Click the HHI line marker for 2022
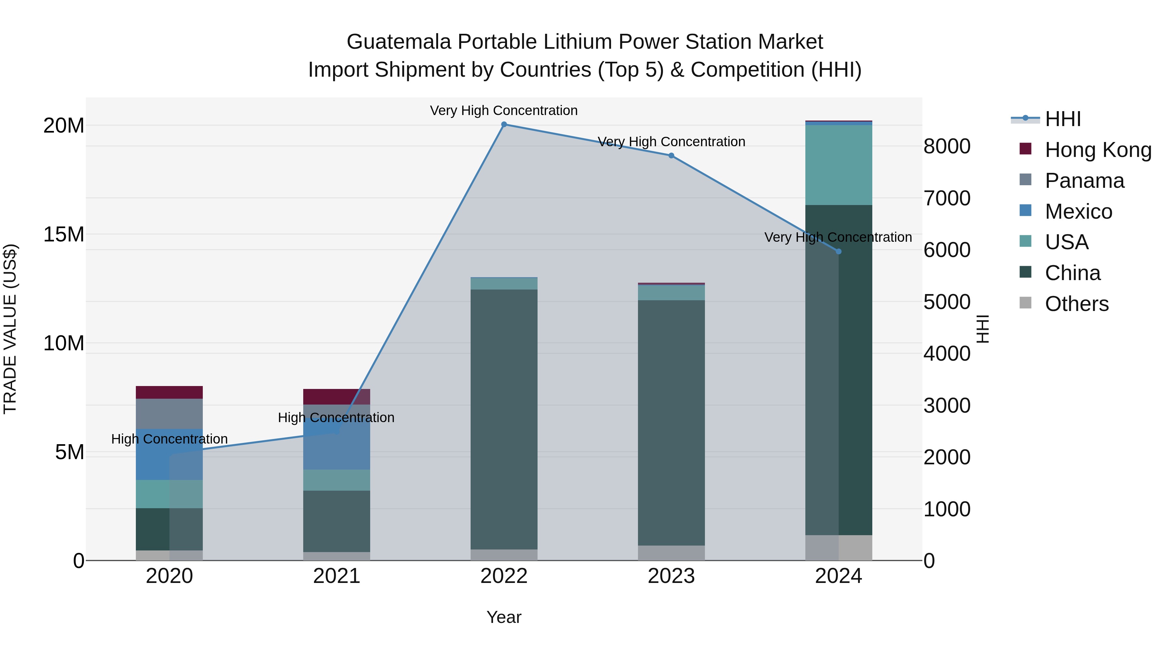click(x=504, y=124)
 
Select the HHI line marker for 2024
click(x=838, y=252)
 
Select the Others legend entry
click(x=1076, y=304)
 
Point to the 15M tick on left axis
click(x=64, y=235)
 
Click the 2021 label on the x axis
click(x=337, y=576)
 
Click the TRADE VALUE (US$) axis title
click(x=10, y=329)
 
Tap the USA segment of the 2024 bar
click(x=838, y=165)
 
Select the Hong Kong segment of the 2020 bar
click(x=169, y=392)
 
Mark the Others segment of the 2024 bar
click(x=838, y=548)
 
